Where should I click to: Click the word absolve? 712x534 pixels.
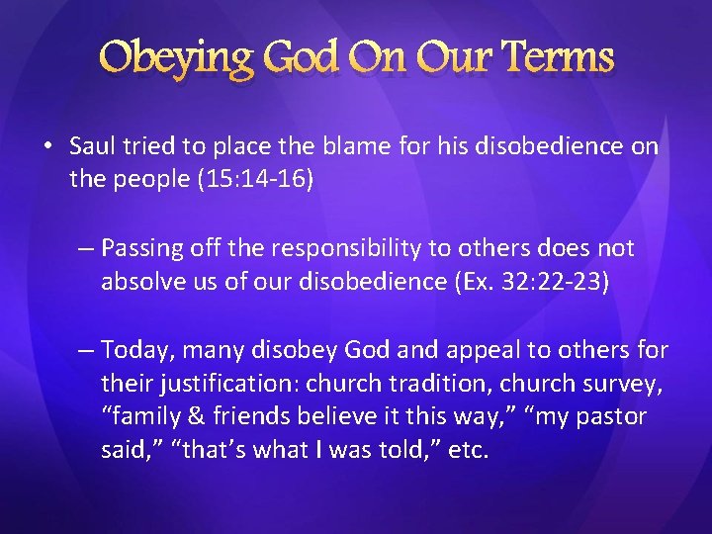point(139,281)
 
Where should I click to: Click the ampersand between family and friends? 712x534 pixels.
point(192,416)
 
